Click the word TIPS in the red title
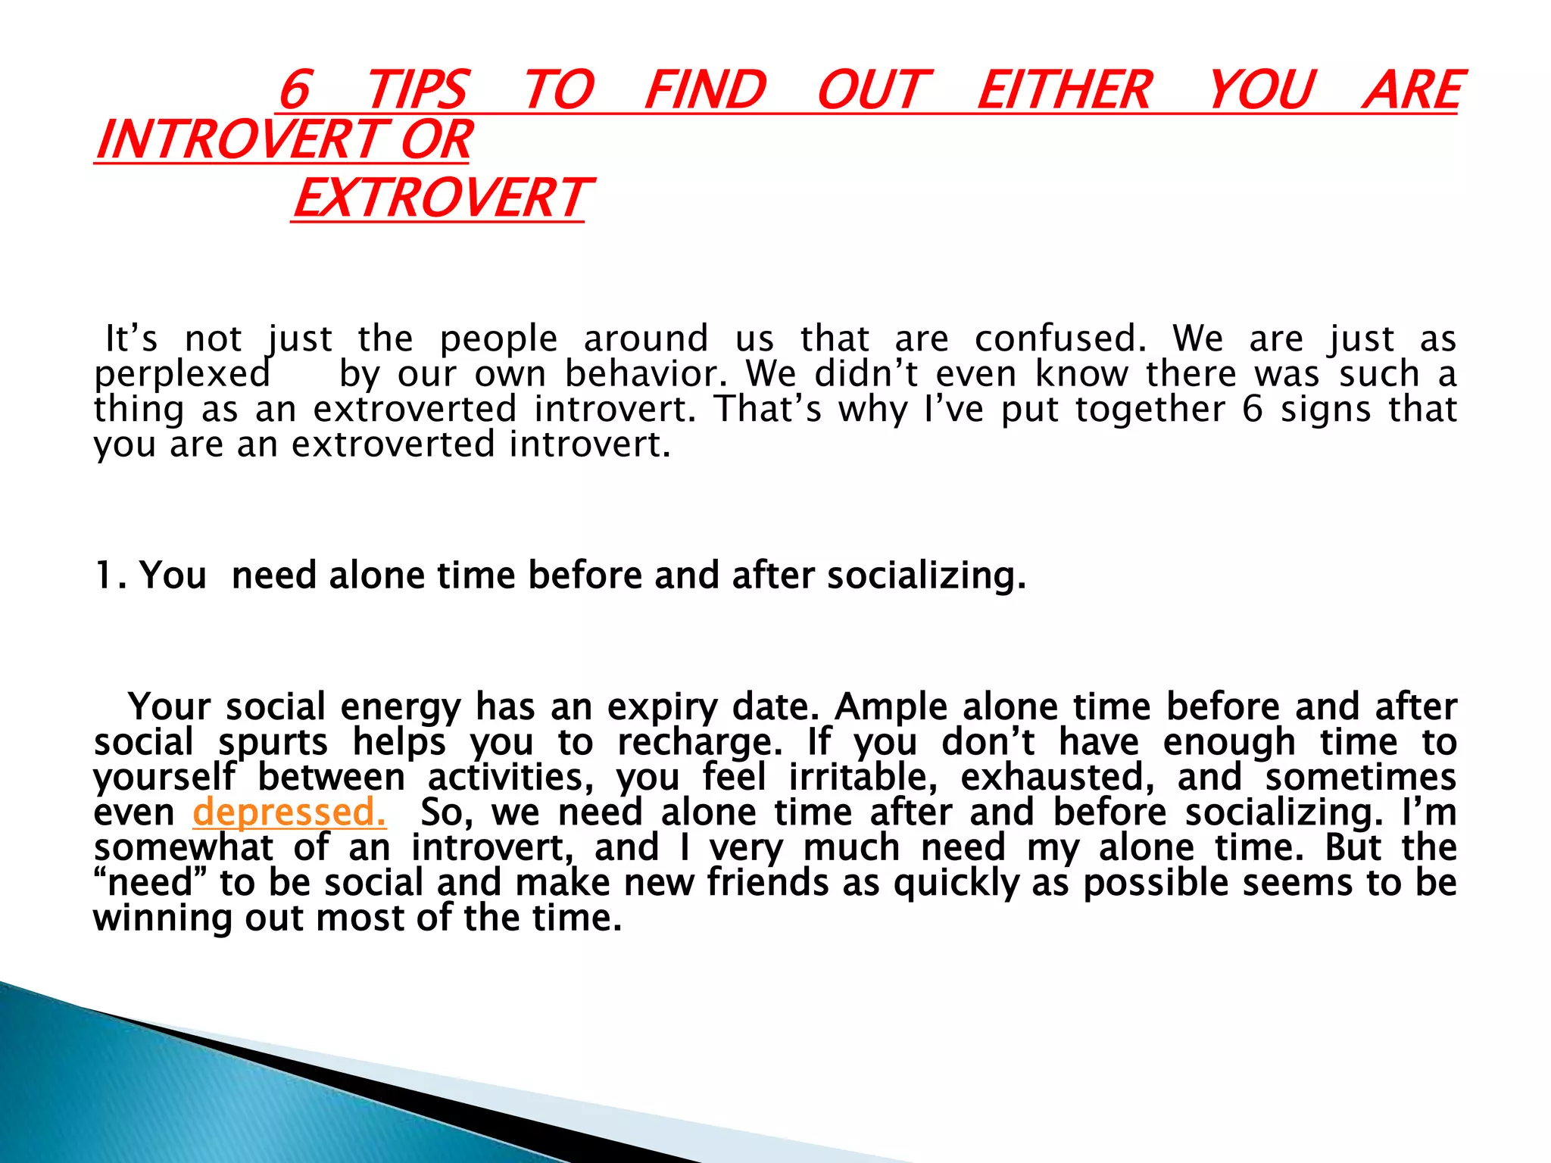click(x=417, y=90)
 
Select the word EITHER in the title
click(x=1064, y=90)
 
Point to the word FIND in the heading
click(x=705, y=90)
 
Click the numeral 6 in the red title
click(x=295, y=90)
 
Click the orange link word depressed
click(x=289, y=812)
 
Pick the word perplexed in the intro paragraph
click(x=182, y=374)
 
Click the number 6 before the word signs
click(x=1253, y=410)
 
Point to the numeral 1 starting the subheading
click(x=105, y=575)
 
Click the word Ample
click(x=891, y=707)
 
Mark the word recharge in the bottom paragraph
click(x=699, y=743)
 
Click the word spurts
click(x=273, y=743)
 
